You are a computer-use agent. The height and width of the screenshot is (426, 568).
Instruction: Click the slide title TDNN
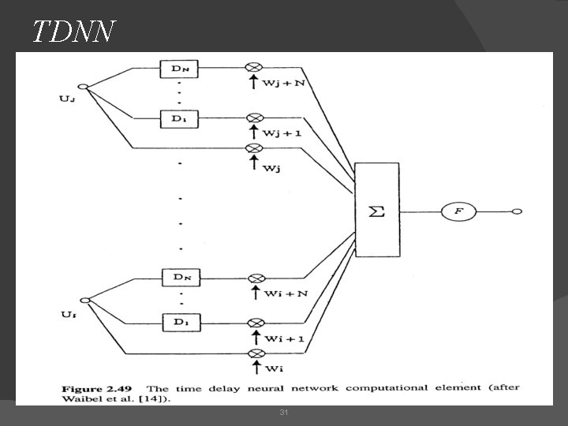74,32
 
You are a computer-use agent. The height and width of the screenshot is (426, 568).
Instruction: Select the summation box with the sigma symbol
377,211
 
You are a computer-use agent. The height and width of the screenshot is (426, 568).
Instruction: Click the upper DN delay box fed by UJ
178,69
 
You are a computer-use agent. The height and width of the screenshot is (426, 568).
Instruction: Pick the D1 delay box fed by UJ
178,119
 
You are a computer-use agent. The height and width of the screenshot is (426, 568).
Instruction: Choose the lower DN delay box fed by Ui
178,278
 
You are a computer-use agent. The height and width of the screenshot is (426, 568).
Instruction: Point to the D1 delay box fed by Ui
178,323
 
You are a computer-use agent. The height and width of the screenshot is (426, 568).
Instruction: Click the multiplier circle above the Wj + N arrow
255,69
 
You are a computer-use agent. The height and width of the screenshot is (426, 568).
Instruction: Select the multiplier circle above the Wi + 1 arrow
255,323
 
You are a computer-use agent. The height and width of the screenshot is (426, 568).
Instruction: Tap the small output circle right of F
517,211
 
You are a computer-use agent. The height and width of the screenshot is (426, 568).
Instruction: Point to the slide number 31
283,413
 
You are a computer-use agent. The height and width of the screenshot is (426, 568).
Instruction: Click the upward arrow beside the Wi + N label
255,293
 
